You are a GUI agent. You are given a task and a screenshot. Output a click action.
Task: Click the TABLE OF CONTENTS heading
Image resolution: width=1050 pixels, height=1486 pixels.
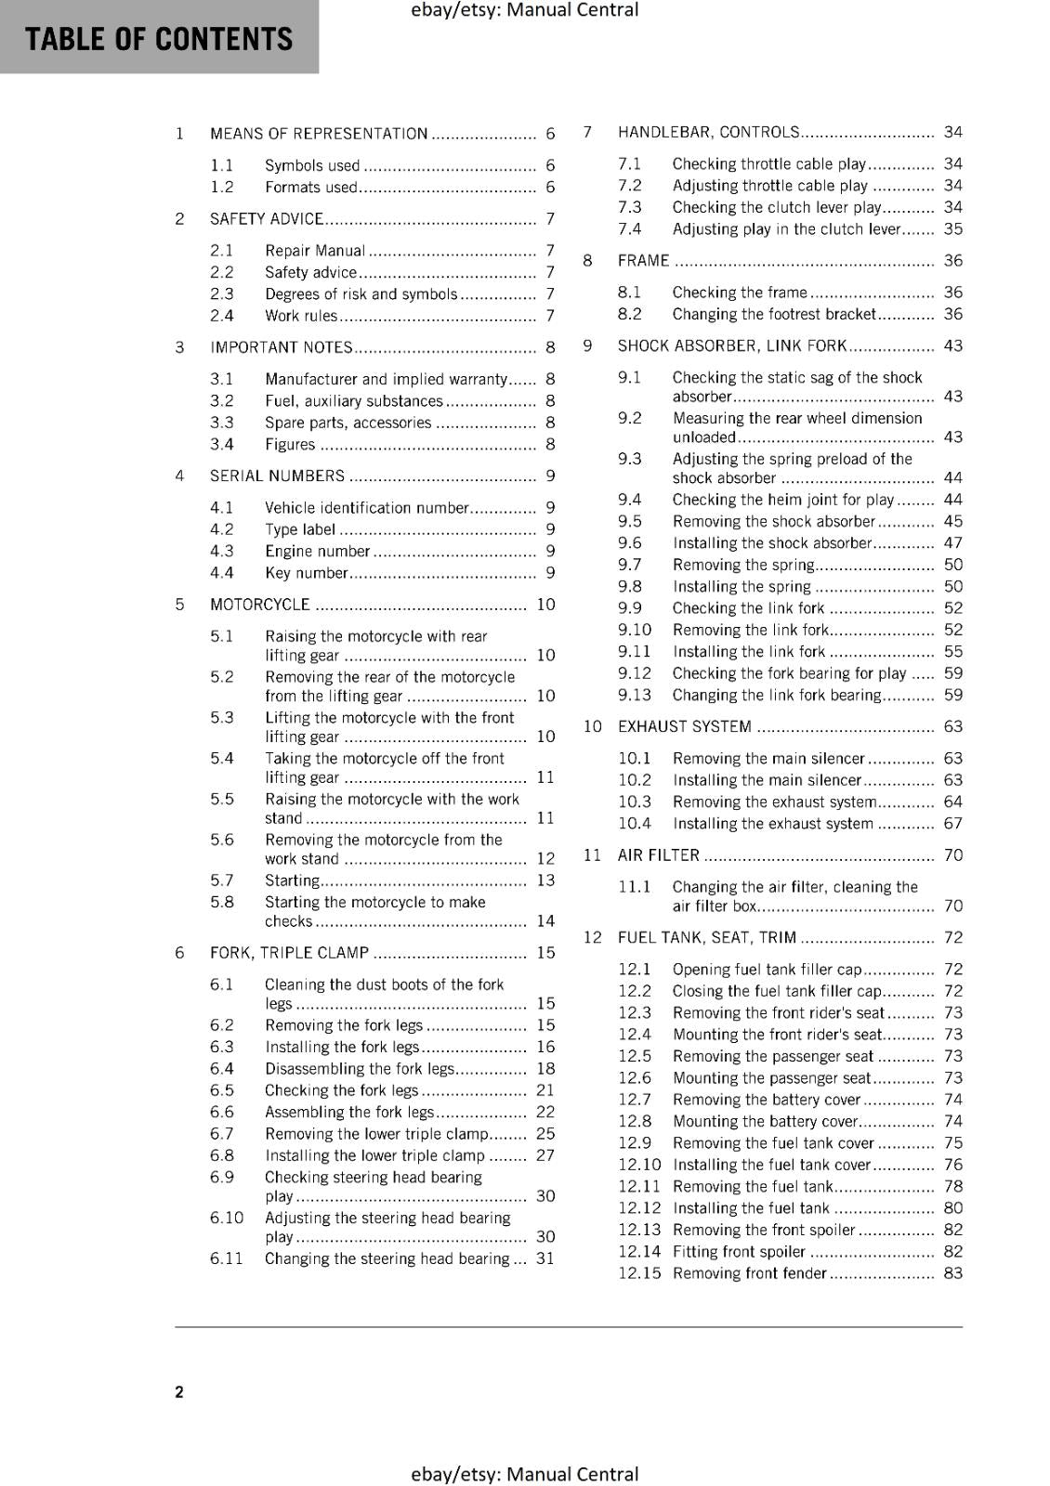[x=159, y=39]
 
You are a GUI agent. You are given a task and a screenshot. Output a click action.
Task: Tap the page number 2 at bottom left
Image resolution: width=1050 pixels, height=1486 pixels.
[x=179, y=1391]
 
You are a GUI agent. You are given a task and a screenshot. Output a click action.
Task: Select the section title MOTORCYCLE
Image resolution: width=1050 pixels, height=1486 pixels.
[x=260, y=605]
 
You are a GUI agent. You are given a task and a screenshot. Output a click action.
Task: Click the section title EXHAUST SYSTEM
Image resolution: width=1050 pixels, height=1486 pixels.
[x=685, y=726]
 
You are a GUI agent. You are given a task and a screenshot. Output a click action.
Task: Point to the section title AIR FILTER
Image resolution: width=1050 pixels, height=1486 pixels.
[x=659, y=855]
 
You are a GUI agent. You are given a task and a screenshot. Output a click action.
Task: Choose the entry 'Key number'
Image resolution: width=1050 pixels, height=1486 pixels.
[x=306, y=573]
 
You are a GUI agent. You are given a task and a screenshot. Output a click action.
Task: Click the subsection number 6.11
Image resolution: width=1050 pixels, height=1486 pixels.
[x=226, y=1258]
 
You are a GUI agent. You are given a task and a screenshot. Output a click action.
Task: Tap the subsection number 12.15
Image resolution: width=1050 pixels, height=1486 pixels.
[x=639, y=1273]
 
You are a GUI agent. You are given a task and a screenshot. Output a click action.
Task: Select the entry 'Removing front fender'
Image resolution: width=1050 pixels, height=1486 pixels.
[x=749, y=1273]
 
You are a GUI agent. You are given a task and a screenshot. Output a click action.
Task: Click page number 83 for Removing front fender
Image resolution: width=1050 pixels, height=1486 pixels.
[x=953, y=1273]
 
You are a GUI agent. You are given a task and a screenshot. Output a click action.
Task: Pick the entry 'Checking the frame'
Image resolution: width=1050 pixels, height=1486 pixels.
[x=740, y=293]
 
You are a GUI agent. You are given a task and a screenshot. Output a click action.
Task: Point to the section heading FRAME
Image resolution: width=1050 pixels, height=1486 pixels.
[x=643, y=261]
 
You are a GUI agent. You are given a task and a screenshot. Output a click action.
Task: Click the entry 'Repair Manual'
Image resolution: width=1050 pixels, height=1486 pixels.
[x=315, y=251]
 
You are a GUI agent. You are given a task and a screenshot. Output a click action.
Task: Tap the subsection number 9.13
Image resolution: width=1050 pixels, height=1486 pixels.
[x=635, y=695]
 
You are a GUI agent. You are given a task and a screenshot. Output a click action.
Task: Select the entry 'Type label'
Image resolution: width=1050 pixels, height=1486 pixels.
[x=300, y=529]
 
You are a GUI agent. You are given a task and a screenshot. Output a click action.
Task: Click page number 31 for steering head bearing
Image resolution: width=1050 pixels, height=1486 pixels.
[x=545, y=1258]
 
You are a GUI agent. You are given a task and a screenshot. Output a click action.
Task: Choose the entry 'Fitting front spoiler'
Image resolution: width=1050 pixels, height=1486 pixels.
[x=739, y=1252]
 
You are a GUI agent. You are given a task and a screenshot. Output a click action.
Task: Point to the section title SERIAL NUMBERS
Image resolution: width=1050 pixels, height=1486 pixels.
[x=277, y=476]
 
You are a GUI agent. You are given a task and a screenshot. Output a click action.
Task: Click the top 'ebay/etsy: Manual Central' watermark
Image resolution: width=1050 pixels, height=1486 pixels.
[x=524, y=10]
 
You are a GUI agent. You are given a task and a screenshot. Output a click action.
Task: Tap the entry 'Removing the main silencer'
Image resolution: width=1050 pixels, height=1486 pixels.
[x=768, y=759]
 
